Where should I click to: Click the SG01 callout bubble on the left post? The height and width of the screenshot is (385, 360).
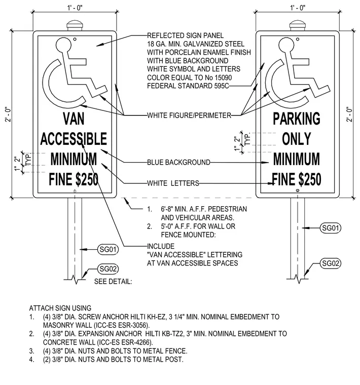tap(108, 249)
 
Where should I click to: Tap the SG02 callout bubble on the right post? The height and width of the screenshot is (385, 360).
tap(331, 263)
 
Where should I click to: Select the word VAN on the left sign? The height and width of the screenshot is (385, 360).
tap(74, 119)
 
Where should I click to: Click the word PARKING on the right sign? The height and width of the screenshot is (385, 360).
tap(297, 119)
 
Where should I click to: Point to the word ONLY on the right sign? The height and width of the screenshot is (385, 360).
tap(297, 139)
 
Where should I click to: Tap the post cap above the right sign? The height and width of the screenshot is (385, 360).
tap(298, 26)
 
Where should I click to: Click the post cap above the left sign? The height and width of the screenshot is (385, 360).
tap(75, 26)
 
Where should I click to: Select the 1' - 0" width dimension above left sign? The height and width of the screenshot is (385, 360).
tap(75, 8)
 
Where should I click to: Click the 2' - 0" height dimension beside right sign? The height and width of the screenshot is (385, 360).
tap(349, 114)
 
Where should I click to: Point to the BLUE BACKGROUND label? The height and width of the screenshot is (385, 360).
tap(178, 162)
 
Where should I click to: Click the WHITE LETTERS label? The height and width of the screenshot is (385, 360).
tap(173, 183)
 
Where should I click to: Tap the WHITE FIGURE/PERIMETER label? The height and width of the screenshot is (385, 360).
tap(189, 115)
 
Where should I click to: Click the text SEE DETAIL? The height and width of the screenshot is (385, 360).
tap(113, 281)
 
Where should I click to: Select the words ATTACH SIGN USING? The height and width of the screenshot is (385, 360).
tap(60, 308)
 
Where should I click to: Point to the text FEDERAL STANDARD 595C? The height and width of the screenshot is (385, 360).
tap(188, 86)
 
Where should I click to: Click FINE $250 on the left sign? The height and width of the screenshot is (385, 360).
tap(74, 179)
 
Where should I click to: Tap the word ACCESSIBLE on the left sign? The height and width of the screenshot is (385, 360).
tap(74, 139)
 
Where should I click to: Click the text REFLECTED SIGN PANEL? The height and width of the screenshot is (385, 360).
tap(186, 35)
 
